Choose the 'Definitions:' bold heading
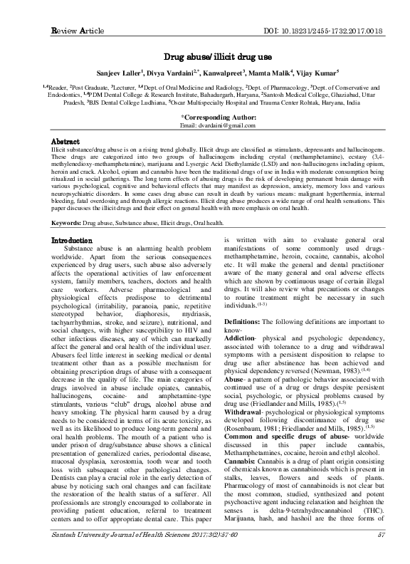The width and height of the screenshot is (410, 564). (x=246, y=322)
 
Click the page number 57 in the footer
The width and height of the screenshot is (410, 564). (x=382, y=554)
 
